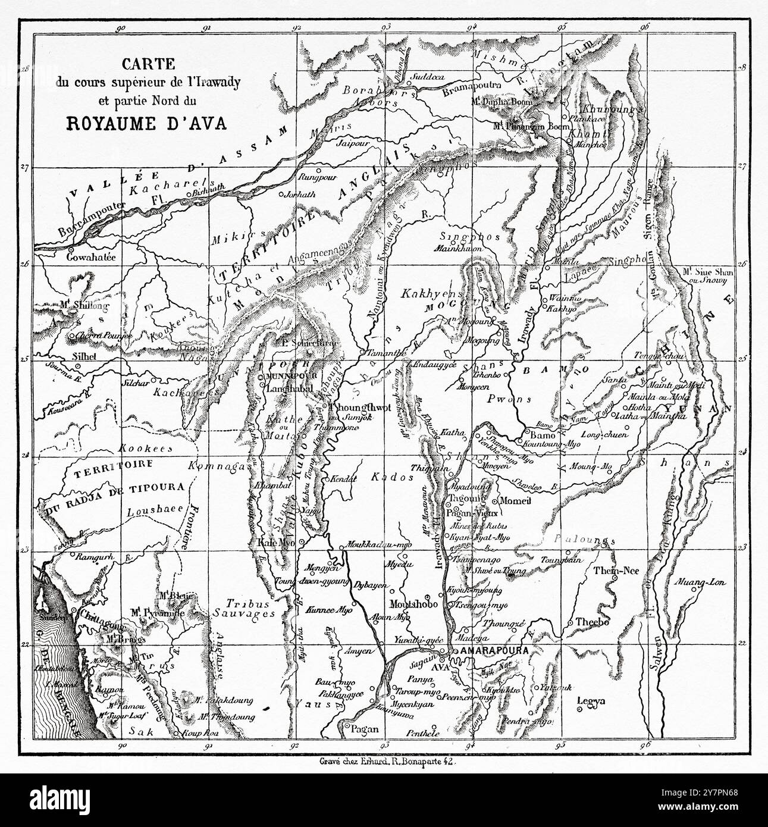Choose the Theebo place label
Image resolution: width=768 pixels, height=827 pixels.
[593, 622]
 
